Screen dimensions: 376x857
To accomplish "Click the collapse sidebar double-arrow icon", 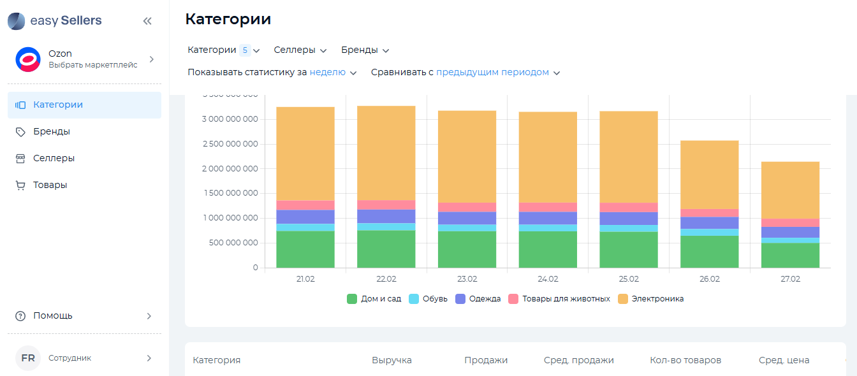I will coord(147,21).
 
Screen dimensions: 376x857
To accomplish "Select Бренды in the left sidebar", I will coord(52,131).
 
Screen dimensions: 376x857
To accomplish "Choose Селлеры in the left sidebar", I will coord(54,158).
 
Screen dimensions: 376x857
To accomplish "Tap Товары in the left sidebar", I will coord(50,185).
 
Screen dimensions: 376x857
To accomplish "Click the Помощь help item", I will coord(53,315).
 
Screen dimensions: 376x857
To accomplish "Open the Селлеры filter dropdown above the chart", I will coord(300,50).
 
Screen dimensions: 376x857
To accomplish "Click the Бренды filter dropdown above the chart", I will coord(365,50).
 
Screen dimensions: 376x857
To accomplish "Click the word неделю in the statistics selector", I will coord(328,73).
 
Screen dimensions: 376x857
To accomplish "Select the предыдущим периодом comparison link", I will coord(492,73).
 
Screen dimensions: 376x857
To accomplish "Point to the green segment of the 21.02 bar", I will coord(305,249).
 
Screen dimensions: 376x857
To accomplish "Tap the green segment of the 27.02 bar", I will coord(790,255).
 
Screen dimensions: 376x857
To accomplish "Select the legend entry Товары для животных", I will coord(559,298).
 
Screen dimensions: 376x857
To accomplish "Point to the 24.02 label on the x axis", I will coord(548,279).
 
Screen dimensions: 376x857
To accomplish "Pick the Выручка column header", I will coord(392,360).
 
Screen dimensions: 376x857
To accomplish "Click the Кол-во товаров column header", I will coord(685,360).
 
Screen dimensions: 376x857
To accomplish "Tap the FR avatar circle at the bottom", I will coord(28,358).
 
